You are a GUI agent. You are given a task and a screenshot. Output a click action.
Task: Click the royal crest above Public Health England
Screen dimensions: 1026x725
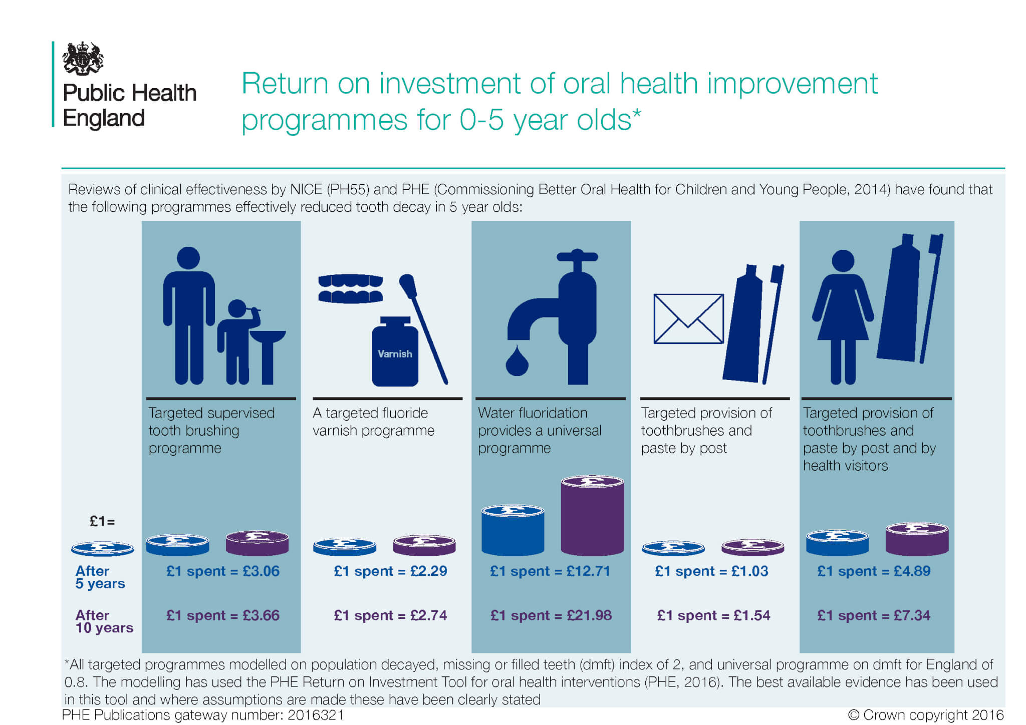(x=83, y=58)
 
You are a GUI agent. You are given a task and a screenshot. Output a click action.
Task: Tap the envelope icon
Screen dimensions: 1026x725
(x=688, y=318)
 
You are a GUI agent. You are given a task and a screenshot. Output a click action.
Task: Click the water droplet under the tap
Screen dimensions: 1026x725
(x=517, y=360)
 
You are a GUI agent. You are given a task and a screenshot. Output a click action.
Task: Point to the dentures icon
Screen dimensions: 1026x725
(x=351, y=288)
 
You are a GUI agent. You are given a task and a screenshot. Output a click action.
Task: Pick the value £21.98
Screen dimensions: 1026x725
(x=589, y=615)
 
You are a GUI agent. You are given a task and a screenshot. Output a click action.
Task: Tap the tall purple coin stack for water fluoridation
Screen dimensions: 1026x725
(x=592, y=515)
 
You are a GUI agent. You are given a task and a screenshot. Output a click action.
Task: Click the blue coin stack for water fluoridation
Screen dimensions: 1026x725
(x=512, y=530)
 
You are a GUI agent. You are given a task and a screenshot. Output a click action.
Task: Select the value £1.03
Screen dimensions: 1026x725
(x=749, y=571)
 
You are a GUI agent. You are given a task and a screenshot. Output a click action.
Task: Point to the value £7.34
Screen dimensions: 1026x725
(x=912, y=615)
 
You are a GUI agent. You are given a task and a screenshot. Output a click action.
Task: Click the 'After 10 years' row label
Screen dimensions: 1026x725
(x=104, y=621)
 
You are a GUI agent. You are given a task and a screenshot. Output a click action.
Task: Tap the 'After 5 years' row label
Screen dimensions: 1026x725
(x=100, y=577)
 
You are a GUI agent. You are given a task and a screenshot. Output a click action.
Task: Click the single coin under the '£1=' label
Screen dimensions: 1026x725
(x=103, y=549)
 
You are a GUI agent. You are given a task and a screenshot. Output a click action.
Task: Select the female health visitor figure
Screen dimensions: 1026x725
(x=843, y=317)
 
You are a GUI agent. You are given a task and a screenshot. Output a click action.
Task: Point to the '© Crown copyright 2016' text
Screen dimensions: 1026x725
(x=926, y=714)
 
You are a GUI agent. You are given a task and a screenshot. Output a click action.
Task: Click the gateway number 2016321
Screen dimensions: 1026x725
(x=316, y=715)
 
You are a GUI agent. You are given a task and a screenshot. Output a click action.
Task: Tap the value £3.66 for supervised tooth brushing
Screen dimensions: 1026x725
(x=261, y=615)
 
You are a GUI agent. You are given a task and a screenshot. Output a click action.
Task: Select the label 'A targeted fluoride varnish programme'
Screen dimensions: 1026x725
(x=374, y=422)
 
